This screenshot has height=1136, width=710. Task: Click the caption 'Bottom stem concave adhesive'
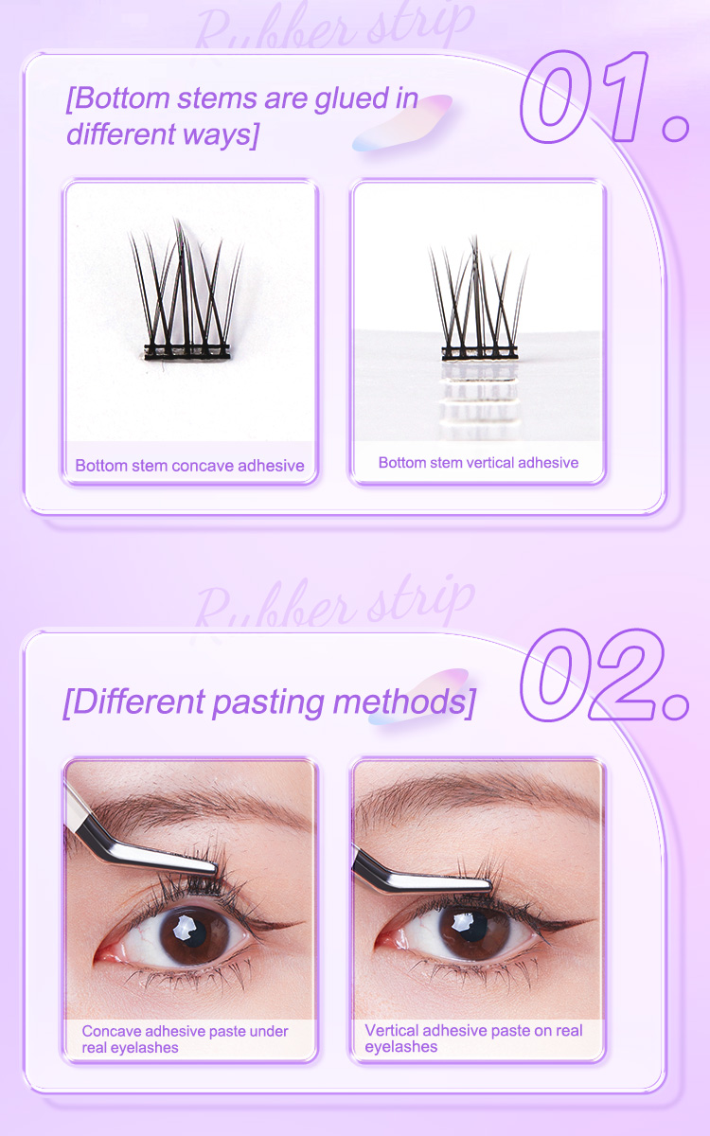189,465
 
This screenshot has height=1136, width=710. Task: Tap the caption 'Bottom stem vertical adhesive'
478,462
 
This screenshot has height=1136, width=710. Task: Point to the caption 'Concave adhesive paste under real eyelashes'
185,1038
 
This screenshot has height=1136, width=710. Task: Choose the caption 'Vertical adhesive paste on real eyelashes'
473,1038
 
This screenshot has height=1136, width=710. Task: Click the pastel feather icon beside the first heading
402,123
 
